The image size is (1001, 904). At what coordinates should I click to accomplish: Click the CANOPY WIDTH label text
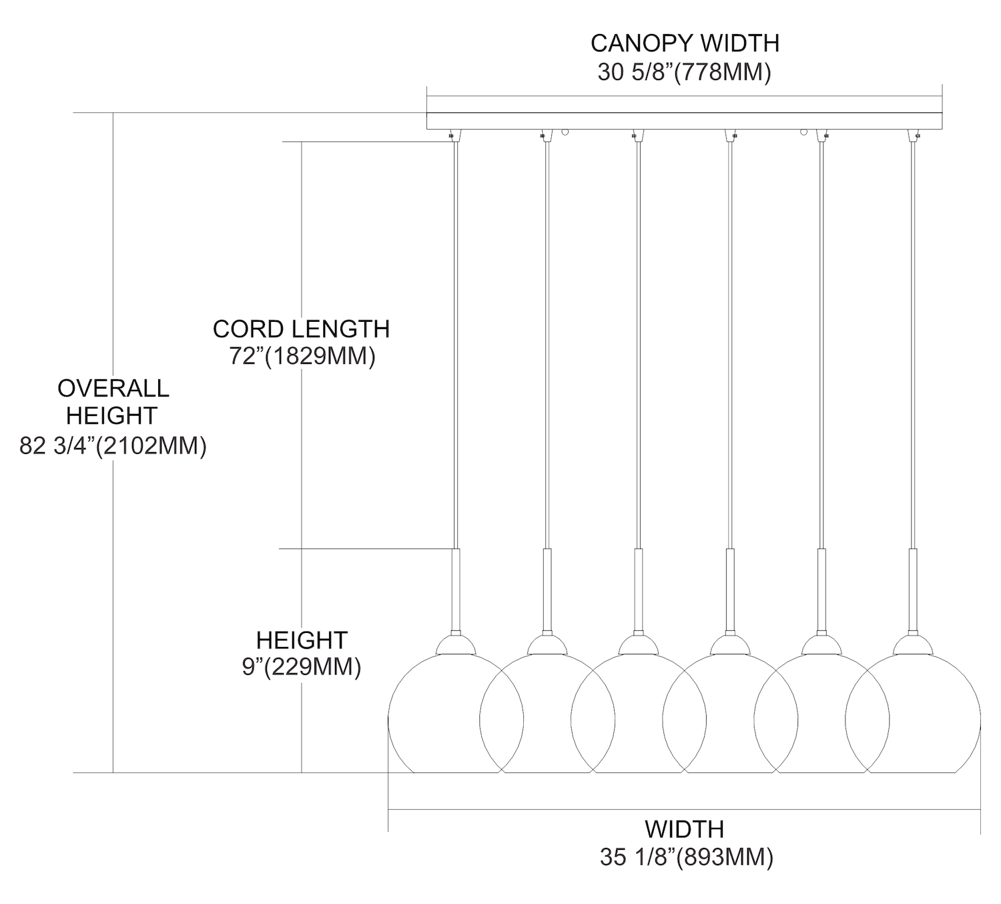[685, 43]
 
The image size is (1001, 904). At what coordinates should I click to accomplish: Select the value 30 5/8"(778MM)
[684, 71]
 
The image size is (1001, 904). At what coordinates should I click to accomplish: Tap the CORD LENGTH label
[301, 328]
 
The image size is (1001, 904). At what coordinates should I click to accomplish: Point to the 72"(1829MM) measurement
[302, 356]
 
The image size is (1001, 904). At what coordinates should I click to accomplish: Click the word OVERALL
[113, 388]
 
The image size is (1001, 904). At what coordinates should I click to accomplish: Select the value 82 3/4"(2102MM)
[113, 445]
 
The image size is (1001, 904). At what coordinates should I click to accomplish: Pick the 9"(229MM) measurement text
[302, 666]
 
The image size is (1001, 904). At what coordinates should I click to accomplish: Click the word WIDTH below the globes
[684, 829]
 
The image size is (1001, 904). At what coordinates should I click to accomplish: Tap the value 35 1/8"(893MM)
[686, 857]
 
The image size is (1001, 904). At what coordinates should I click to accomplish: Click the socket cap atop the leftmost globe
[455, 644]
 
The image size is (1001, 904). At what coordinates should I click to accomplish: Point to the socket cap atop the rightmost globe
[913, 644]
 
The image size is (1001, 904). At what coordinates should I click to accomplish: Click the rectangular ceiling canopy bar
[684, 121]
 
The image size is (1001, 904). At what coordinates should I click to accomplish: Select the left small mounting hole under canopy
[565, 132]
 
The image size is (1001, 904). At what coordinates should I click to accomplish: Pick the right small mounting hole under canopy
[803, 132]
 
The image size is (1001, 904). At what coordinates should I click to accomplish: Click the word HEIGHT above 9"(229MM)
[302, 640]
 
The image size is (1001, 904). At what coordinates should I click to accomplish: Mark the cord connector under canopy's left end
[452, 134]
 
